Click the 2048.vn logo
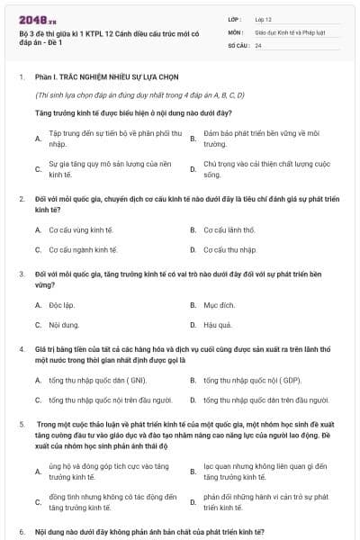[x=36, y=19]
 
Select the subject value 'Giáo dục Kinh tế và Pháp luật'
[x=290, y=31]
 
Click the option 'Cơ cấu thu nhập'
[x=229, y=249]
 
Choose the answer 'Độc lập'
[x=61, y=305]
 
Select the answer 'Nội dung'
[x=64, y=325]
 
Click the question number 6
[x=21, y=533]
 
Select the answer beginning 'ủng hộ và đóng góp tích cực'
[x=109, y=471]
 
